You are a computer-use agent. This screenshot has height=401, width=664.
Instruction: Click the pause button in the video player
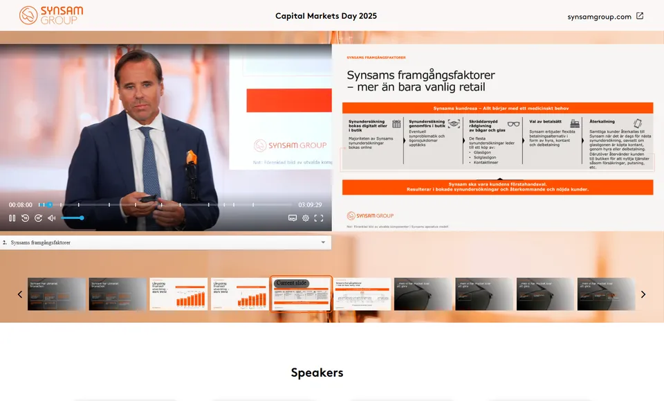point(12,218)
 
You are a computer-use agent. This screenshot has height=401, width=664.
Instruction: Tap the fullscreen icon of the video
point(319,218)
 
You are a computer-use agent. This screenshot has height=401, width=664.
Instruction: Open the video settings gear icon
point(306,218)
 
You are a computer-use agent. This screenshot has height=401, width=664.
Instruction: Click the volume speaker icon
point(51,218)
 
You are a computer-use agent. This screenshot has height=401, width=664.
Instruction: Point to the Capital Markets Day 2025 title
point(326,16)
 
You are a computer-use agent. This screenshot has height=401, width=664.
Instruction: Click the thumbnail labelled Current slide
point(301,294)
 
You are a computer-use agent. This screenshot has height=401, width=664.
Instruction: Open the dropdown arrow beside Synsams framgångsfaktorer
point(323,243)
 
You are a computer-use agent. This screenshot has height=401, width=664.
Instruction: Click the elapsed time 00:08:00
point(21,205)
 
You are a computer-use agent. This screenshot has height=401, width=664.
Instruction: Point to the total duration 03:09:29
point(310,205)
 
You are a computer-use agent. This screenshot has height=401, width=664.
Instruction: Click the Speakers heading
point(317,373)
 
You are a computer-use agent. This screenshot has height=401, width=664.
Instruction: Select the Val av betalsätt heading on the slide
point(545,121)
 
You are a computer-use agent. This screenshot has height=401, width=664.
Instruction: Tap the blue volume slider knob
point(82,218)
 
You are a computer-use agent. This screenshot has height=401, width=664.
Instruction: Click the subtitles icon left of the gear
point(293,218)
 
